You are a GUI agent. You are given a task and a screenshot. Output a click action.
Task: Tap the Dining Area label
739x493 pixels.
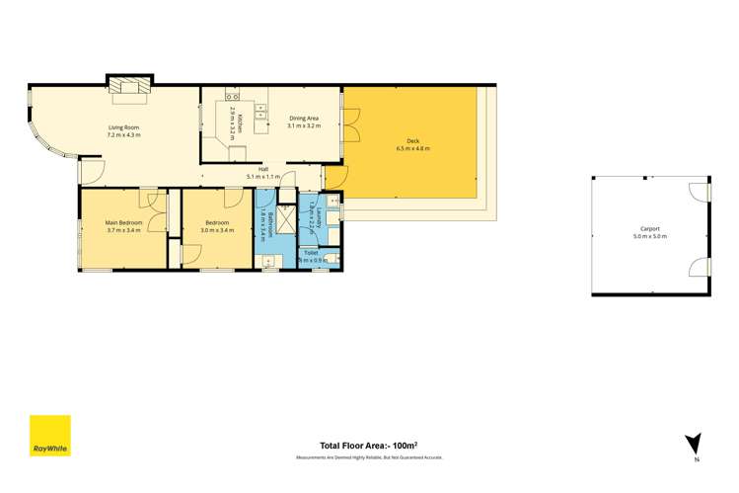[x=304, y=119]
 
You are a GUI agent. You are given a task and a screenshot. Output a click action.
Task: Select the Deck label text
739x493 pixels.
[x=412, y=140]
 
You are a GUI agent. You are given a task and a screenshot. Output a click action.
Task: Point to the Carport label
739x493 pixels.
[x=649, y=228]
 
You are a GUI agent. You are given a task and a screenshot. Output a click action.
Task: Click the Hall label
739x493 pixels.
[x=263, y=169]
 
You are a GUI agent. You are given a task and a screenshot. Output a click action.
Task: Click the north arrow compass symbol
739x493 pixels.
[x=696, y=444]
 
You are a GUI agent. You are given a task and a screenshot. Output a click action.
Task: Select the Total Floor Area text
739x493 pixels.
[x=368, y=445]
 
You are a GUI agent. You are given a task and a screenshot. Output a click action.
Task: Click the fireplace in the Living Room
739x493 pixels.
[x=126, y=89]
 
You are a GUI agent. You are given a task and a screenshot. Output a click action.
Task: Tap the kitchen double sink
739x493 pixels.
[x=232, y=96]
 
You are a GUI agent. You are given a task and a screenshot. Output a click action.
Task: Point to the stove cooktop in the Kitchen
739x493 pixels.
[x=261, y=111]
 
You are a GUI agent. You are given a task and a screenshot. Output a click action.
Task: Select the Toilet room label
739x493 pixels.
[x=311, y=253]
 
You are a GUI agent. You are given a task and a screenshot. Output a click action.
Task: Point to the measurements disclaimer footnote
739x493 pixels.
[x=369, y=457]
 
